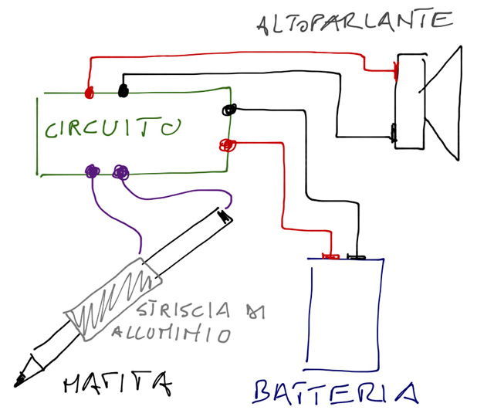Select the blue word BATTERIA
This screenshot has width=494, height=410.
click(x=337, y=391)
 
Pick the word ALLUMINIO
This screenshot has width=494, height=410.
click(x=171, y=334)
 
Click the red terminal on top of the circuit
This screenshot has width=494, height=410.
click(x=89, y=93)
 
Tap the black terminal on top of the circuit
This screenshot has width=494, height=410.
click(x=122, y=91)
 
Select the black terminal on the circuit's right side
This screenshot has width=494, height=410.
click(x=228, y=109)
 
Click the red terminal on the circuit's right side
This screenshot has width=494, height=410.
click(x=227, y=144)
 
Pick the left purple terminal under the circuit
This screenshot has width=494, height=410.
click(x=93, y=171)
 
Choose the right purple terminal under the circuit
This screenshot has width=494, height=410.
click(x=120, y=172)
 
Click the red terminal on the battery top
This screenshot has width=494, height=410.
click(x=330, y=256)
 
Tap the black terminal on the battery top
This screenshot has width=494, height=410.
click(x=356, y=256)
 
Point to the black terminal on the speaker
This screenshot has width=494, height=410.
click(x=394, y=134)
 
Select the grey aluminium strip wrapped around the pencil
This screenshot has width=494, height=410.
click(x=112, y=298)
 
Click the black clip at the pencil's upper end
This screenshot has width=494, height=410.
click(x=225, y=216)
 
